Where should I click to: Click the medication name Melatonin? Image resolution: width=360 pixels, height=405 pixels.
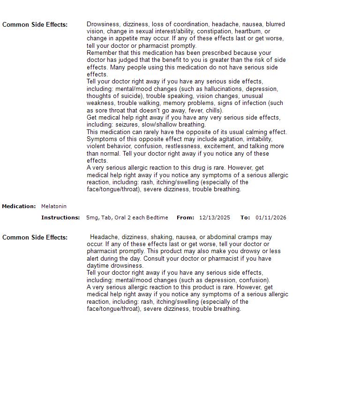coord(54,206)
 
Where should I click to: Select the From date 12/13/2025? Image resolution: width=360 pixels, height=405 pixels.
coord(215,217)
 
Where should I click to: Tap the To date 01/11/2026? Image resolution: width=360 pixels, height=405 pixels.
coord(271,217)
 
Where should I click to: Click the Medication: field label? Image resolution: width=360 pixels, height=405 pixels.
coord(19,206)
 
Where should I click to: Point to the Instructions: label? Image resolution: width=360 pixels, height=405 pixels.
coord(60,217)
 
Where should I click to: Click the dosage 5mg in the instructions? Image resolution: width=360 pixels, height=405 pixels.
coord(92,217)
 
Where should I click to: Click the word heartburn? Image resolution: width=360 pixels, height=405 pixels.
coord(248,31)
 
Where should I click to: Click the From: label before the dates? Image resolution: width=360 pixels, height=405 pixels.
coord(185,217)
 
